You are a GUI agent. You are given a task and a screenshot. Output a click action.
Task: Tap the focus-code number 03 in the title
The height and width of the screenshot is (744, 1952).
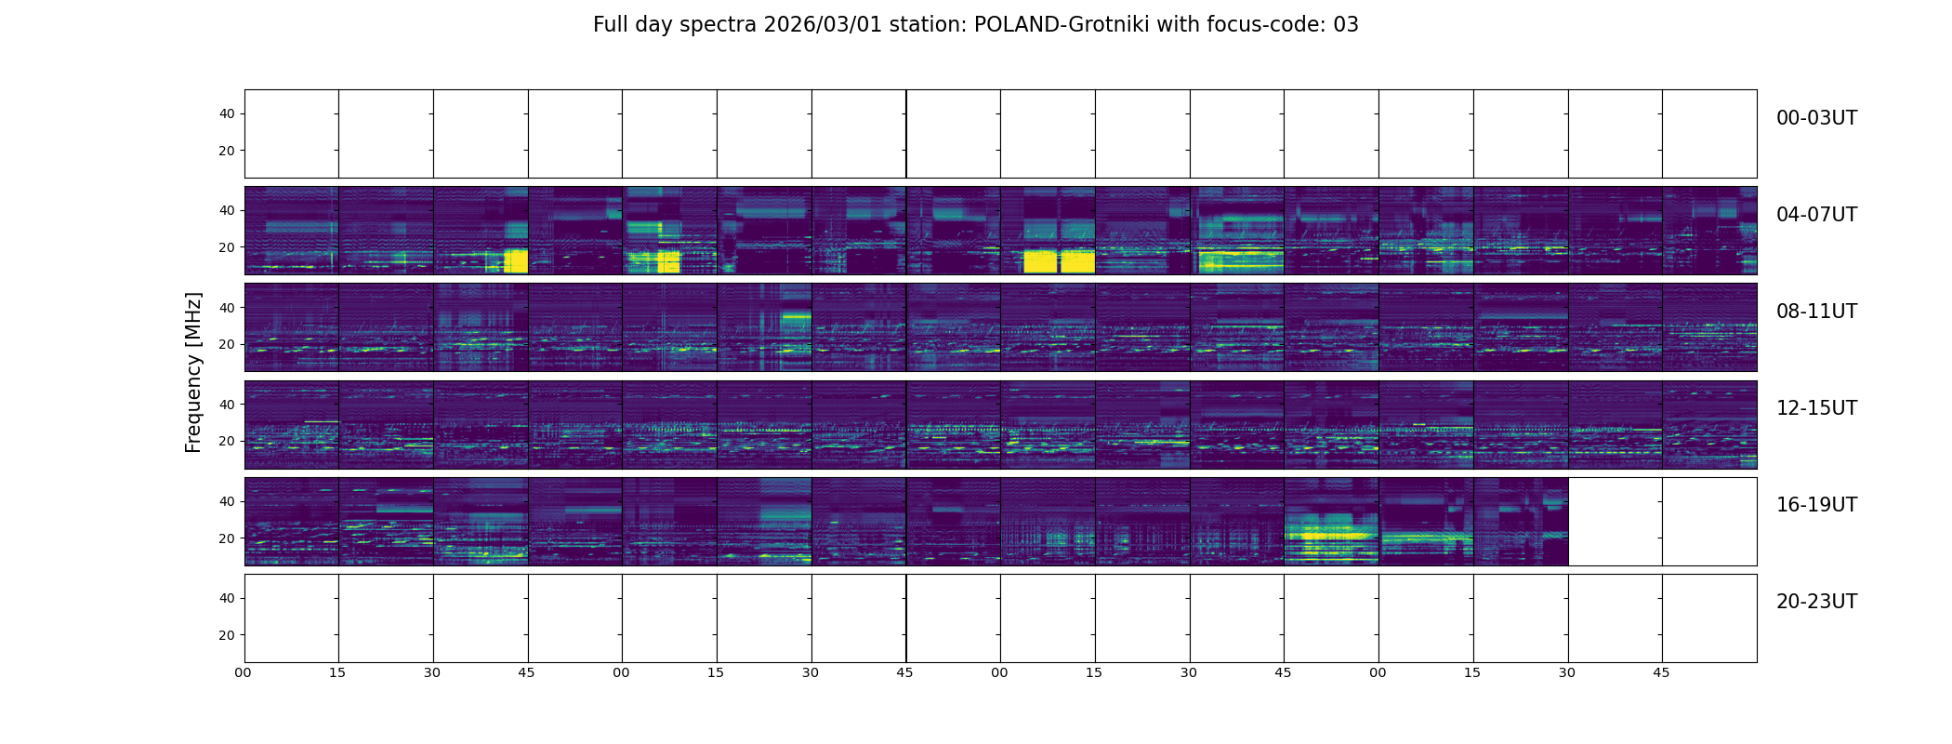point(1346,25)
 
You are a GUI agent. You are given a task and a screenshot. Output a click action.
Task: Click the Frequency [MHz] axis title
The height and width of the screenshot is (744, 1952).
point(193,372)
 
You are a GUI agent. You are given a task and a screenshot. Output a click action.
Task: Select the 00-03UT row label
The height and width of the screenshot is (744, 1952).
point(1816,118)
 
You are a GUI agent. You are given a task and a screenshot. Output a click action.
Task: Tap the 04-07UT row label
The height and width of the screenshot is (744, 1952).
point(1816,215)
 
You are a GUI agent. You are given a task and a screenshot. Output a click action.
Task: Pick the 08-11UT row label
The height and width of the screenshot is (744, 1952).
point(1816,312)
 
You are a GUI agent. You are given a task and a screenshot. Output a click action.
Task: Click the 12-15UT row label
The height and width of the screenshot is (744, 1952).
point(1816,408)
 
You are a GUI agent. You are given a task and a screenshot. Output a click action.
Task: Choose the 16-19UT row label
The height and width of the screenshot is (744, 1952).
point(1816,505)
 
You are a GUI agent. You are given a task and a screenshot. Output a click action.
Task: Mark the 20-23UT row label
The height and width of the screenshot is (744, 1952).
point(1816,602)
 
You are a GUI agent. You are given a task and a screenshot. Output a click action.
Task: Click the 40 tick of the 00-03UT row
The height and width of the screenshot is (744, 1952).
point(227,114)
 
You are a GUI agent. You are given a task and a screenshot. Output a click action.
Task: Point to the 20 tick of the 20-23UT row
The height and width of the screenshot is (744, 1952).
point(227,635)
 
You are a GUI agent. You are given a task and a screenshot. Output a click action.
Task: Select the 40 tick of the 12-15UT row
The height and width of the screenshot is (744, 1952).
point(227,405)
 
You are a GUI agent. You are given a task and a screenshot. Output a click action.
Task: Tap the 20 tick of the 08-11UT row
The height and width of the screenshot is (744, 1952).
point(227,345)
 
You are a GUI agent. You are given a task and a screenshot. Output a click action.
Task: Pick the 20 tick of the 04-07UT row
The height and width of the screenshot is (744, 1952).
point(227,248)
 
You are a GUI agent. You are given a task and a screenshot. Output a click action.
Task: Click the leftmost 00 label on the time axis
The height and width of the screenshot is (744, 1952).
point(244,672)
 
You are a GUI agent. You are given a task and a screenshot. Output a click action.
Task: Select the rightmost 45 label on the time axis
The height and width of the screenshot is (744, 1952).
point(1661,672)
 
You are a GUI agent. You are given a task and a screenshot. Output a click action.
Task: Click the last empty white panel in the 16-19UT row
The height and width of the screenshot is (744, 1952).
point(1709,522)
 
